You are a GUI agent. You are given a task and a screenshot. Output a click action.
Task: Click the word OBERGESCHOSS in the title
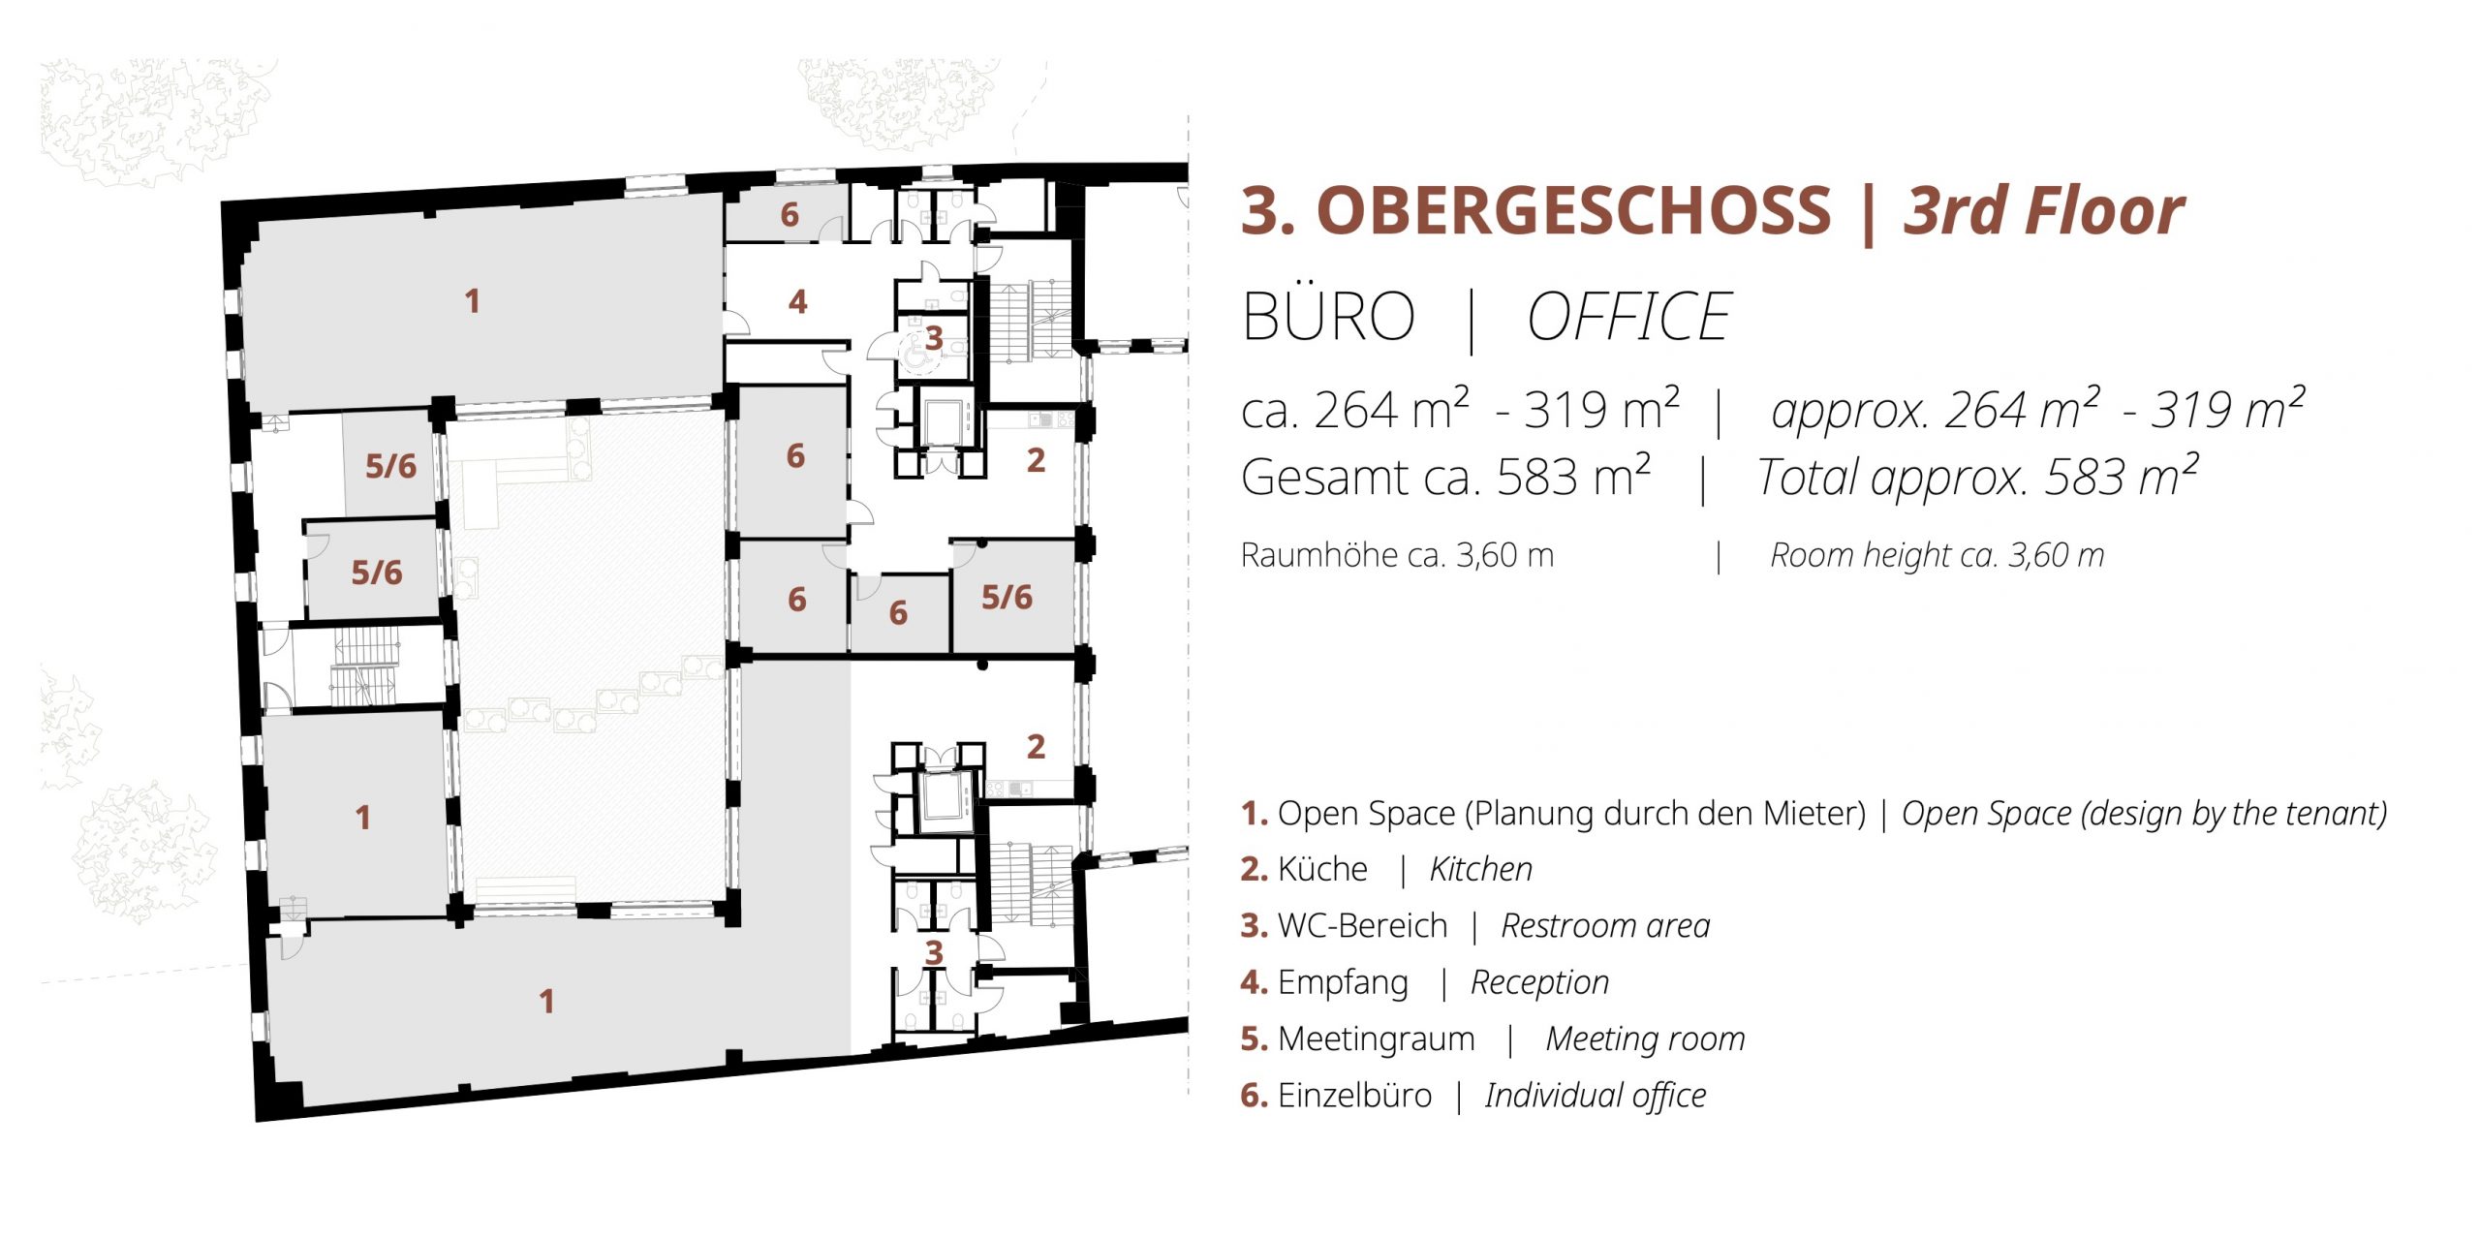(1574, 211)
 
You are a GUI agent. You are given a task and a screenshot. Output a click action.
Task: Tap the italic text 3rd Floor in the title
(2044, 211)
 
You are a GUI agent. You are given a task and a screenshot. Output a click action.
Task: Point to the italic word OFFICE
(1629, 317)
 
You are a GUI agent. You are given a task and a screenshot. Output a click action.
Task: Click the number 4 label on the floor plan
(797, 302)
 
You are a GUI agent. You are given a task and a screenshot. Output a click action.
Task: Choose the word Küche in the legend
(1322, 869)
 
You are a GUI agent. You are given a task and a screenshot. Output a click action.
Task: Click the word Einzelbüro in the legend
(1354, 1095)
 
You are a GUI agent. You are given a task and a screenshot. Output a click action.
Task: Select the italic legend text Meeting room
(1645, 1038)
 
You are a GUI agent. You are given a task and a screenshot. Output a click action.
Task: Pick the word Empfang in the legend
(1343, 983)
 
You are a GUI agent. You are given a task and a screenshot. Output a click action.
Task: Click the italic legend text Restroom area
(1605, 926)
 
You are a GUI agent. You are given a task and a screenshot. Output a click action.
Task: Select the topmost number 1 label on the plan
(472, 301)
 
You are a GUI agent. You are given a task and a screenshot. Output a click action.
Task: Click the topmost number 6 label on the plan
(790, 215)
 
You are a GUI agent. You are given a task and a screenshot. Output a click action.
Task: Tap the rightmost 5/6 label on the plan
(1007, 598)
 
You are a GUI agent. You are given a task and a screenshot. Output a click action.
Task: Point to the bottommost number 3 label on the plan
(933, 953)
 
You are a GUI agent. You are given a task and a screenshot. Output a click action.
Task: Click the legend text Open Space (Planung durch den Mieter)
(1571, 814)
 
